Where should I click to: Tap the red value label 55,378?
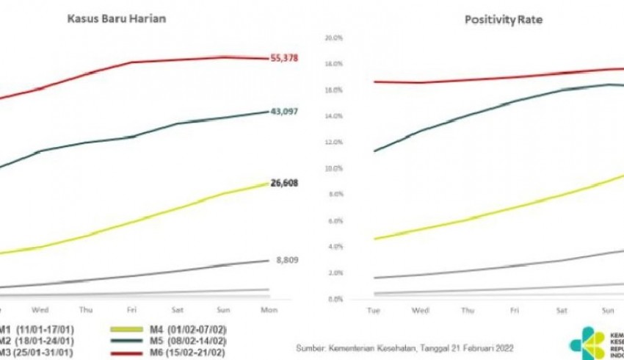click(286, 58)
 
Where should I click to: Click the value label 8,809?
click(287, 260)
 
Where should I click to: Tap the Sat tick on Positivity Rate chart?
click(562, 311)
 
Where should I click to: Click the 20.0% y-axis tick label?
click(335, 37)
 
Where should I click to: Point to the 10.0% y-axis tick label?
click(335, 168)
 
